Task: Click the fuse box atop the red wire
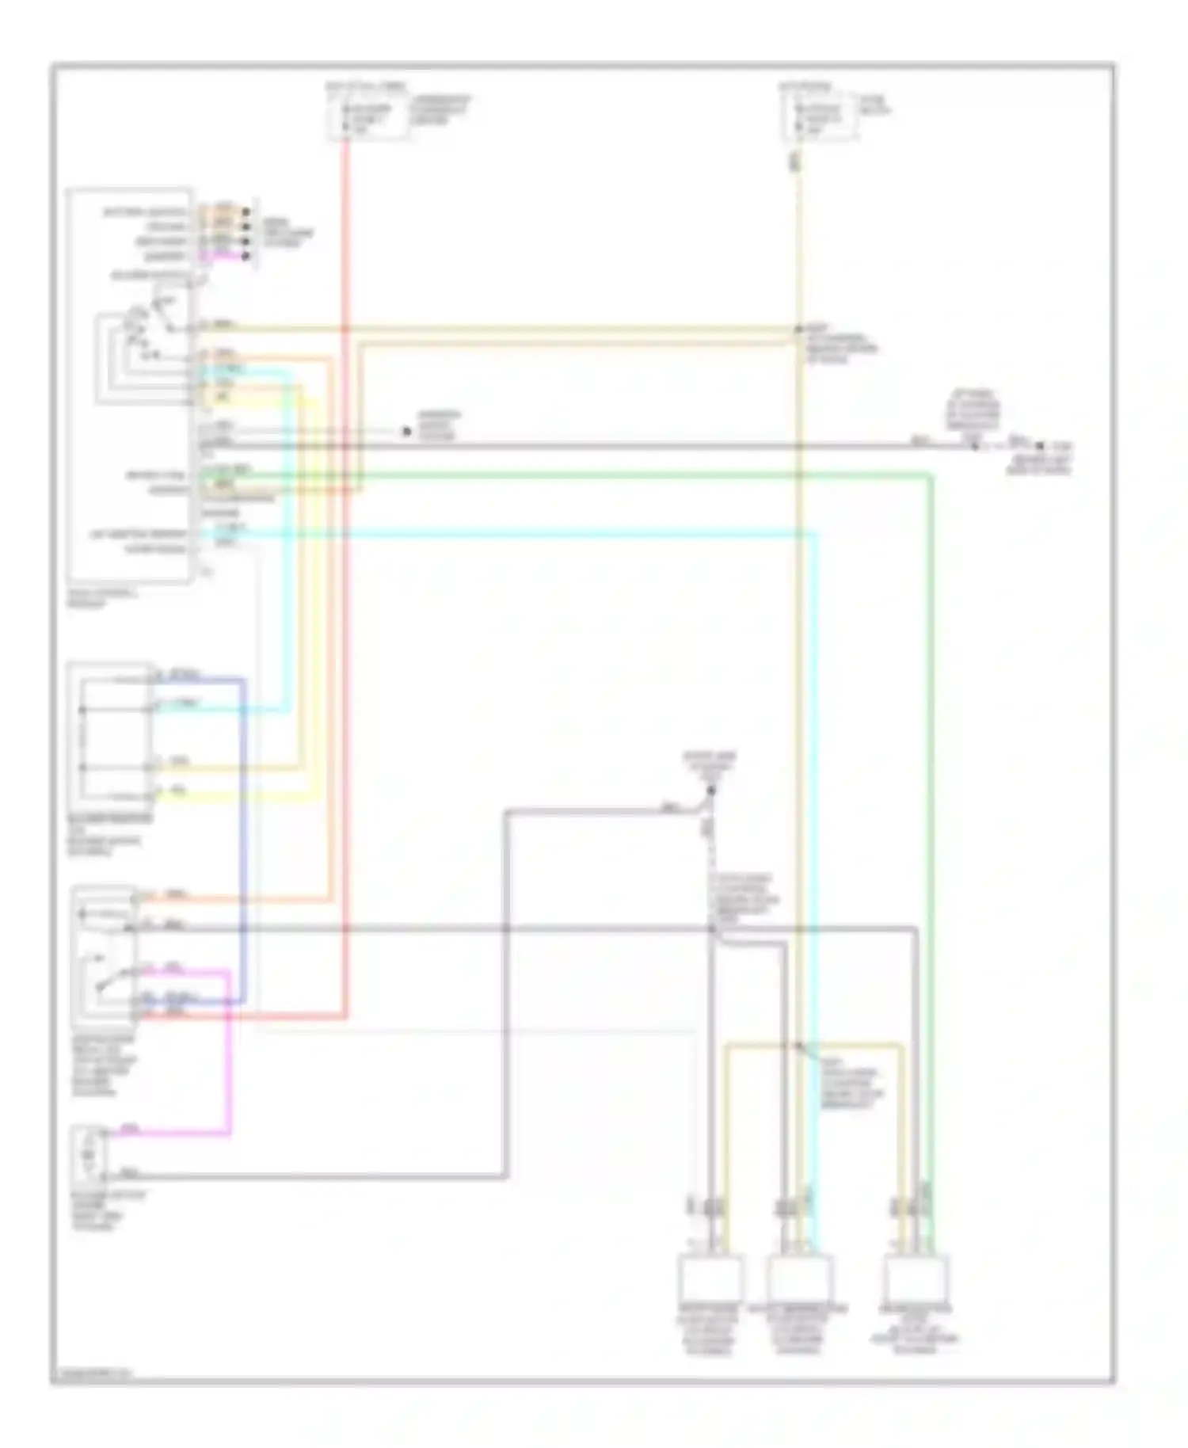click(370, 116)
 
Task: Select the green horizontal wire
click(634, 475)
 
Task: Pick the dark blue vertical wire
click(243, 832)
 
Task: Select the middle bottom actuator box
click(800, 1277)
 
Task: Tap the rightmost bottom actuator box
click(916, 1277)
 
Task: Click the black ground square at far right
click(1040, 447)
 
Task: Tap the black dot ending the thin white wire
click(406, 432)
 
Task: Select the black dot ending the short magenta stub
click(246, 256)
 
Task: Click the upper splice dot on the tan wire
click(799, 329)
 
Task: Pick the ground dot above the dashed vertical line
click(710, 791)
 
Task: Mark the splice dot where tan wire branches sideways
click(799, 1046)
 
